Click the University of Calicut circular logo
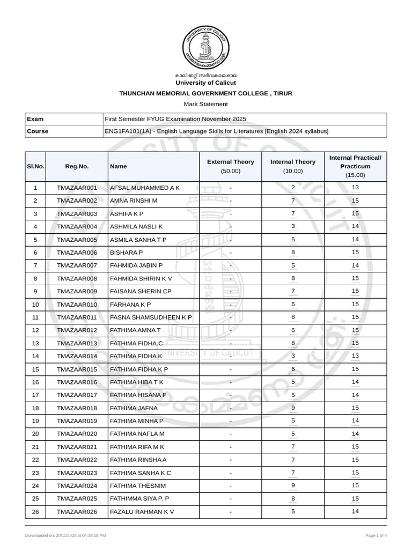click(205, 47)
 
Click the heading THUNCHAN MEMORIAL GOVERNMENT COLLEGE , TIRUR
click(205, 93)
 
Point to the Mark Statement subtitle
click(205, 104)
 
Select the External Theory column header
click(230, 166)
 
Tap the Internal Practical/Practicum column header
click(355, 166)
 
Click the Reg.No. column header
click(77, 166)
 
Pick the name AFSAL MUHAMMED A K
click(144, 188)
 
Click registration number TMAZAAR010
click(77, 305)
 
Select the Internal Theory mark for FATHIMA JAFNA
click(293, 408)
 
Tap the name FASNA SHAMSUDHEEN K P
click(151, 317)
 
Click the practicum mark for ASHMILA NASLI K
click(355, 227)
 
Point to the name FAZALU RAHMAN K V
click(142, 512)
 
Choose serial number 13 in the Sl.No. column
click(35, 343)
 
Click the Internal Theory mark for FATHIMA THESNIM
click(293, 486)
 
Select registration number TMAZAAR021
click(77, 447)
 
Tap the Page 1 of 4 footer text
click(376, 536)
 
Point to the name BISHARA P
click(126, 253)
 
